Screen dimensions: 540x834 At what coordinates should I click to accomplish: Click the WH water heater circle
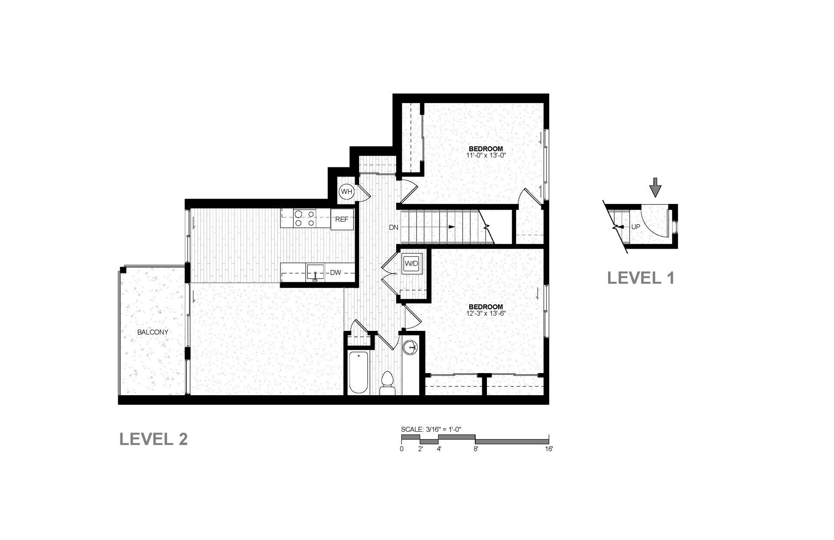[347, 191]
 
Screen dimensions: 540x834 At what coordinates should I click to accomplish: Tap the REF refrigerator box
[342, 220]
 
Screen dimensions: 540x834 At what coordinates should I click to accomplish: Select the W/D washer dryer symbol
[411, 263]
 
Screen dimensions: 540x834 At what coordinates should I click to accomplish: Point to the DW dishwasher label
[335, 273]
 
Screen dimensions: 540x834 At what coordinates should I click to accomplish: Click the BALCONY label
[152, 332]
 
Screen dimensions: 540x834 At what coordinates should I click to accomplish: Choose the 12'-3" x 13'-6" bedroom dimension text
[486, 313]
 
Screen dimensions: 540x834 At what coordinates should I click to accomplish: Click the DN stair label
[394, 227]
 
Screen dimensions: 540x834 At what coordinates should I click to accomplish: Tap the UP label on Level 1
[635, 227]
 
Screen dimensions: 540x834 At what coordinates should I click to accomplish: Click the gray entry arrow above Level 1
[655, 190]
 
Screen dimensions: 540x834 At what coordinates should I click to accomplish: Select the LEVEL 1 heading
[641, 278]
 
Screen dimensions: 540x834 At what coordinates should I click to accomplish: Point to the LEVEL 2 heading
[154, 439]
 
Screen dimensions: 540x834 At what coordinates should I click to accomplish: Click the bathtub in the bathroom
[359, 373]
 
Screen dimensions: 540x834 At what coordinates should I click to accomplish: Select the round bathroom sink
[410, 347]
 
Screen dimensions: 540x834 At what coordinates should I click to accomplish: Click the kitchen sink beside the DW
[314, 273]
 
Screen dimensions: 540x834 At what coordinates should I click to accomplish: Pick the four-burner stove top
[304, 218]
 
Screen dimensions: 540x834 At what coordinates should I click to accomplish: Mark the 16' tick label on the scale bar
[549, 449]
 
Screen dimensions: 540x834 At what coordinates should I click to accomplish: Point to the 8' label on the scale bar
[476, 449]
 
